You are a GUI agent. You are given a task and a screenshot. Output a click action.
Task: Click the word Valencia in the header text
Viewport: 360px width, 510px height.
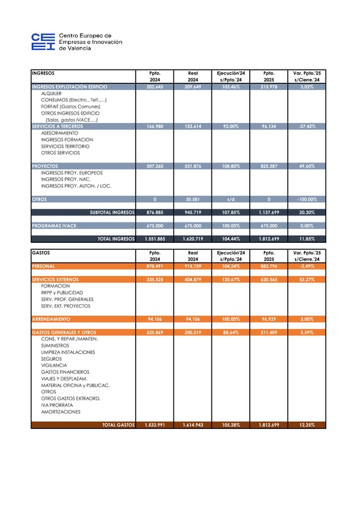[x=78, y=48]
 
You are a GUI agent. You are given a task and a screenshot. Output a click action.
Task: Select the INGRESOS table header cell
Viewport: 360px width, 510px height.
[x=43, y=73]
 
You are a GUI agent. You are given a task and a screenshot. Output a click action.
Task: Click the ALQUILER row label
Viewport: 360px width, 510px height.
[x=51, y=93]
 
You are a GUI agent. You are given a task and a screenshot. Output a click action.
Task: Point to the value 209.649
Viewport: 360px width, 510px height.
[x=192, y=86]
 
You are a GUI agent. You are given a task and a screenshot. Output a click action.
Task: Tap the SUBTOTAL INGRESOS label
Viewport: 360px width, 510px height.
[x=112, y=212]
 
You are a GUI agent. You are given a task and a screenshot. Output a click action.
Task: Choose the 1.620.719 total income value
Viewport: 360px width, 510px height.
[x=191, y=238]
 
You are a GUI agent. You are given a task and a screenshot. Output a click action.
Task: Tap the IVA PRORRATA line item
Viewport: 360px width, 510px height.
[x=57, y=405]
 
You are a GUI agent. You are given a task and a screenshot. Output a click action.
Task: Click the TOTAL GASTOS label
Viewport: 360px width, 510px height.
[x=118, y=425]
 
